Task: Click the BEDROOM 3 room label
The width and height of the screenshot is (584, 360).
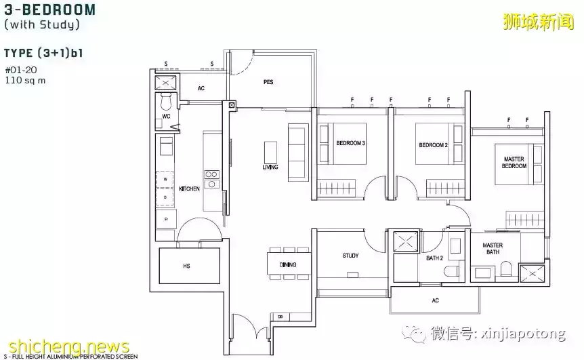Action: click(350, 143)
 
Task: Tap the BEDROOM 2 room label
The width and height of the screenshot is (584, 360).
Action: click(433, 145)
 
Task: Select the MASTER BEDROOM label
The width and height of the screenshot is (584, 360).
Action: click(514, 163)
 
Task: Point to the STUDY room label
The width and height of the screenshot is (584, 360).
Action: click(350, 256)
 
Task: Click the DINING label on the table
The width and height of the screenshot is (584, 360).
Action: click(287, 264)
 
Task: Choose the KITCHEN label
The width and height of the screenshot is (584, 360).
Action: click(189, 189)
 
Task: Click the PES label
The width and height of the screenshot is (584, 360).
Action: click(268, 82)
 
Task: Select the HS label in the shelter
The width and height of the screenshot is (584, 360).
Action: click(186, 266)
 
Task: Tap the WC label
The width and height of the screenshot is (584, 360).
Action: click(166, 117)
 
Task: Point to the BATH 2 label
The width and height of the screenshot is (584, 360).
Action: click(435, 258)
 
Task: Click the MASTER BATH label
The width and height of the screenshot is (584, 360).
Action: click(493, 249)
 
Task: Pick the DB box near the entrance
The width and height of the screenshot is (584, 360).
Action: click(280, 317)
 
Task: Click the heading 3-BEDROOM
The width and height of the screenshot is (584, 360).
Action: click(49, 10)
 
